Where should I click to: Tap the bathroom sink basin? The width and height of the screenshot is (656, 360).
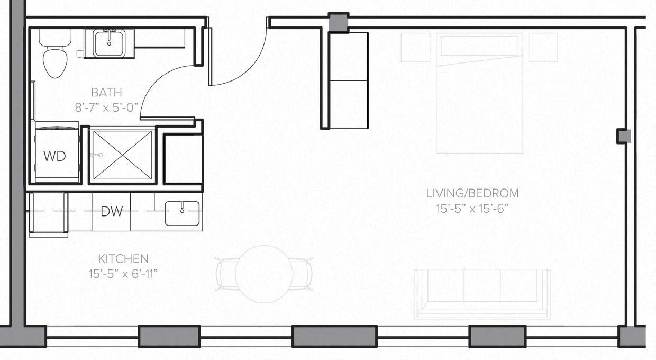click(x=109, y=43)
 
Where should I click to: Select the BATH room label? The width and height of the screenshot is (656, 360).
click(x=103, y=93)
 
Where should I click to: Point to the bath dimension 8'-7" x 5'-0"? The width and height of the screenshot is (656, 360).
click(x=106, y=107)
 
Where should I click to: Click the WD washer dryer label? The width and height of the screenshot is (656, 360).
click(x=54, y=156)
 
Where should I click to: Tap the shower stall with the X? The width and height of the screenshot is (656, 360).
click(x=122, y=156)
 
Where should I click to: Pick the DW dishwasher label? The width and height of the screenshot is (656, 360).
click(x=112, y=212)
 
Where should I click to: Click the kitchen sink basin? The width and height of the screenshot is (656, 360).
click(x=182, y=213)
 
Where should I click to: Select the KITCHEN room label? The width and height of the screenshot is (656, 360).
click(x=123, y=259)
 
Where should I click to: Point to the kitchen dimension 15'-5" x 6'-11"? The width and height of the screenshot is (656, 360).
click(x=123, y=274)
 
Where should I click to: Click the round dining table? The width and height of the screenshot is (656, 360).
click(x=264, y=274)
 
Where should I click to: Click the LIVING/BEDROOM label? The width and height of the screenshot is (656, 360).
click(x=472, y=193)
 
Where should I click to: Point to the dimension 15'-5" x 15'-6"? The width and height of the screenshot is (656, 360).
click(x=472, y=209)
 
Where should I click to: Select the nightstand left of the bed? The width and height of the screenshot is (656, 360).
click(x=415, y=48)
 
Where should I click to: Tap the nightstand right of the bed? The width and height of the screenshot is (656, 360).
click(x=543, y=48)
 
